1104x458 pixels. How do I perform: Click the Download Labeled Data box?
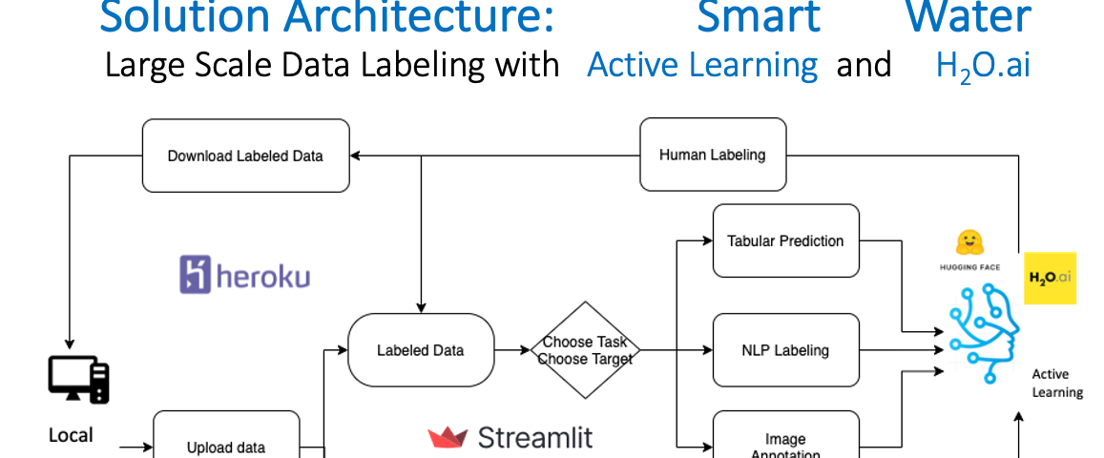[x=245, y=156]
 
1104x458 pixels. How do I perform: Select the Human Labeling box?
[x=712, y=155]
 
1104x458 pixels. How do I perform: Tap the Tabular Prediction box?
[x=785, y=240]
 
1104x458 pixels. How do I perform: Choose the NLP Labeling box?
[x=785, y=350]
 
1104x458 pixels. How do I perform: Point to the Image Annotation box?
[x=785, y=442]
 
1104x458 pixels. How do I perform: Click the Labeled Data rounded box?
[x=420, y=350]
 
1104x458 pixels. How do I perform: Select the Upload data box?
[x=226, y=445]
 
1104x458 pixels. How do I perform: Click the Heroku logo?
[x=244, y=275]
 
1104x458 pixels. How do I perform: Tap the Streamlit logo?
[x=510, y=438]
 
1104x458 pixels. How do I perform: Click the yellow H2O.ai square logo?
[x=1050, y=278]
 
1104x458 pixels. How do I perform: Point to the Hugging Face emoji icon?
[x=969, y=242]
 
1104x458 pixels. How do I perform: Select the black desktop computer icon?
[x=79, y=380]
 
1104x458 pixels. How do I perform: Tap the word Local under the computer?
[x=72, y=435]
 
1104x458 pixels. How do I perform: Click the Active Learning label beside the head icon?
[x=1057, y=384]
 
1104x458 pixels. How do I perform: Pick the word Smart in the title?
[x=758, y=17]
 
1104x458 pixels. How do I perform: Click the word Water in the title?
[x=968, y=17]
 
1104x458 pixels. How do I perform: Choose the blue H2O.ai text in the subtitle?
[x=983, y=67]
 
